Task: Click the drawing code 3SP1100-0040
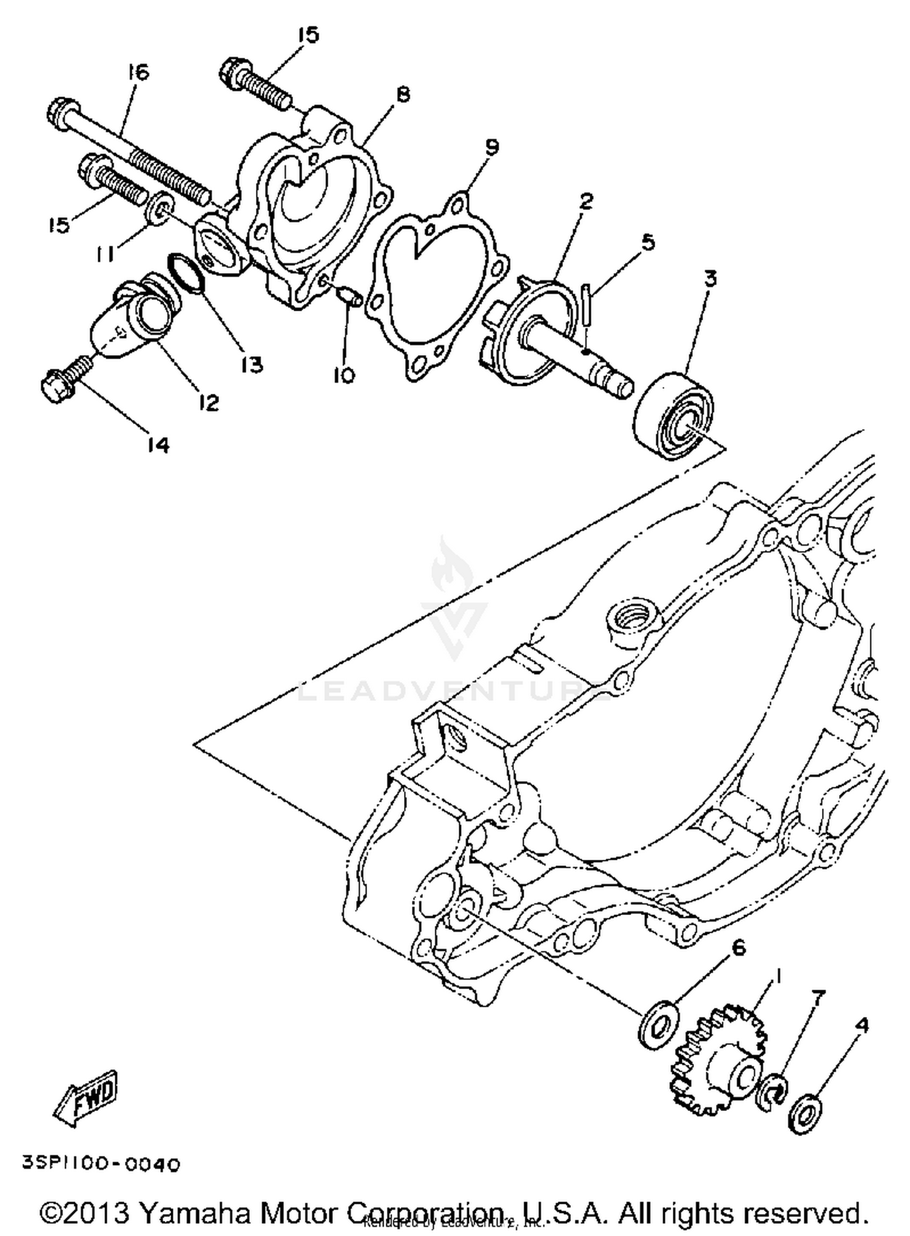tap(101, 1164)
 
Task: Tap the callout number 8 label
tap(403, 94)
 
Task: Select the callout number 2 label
tap(585, 201)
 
